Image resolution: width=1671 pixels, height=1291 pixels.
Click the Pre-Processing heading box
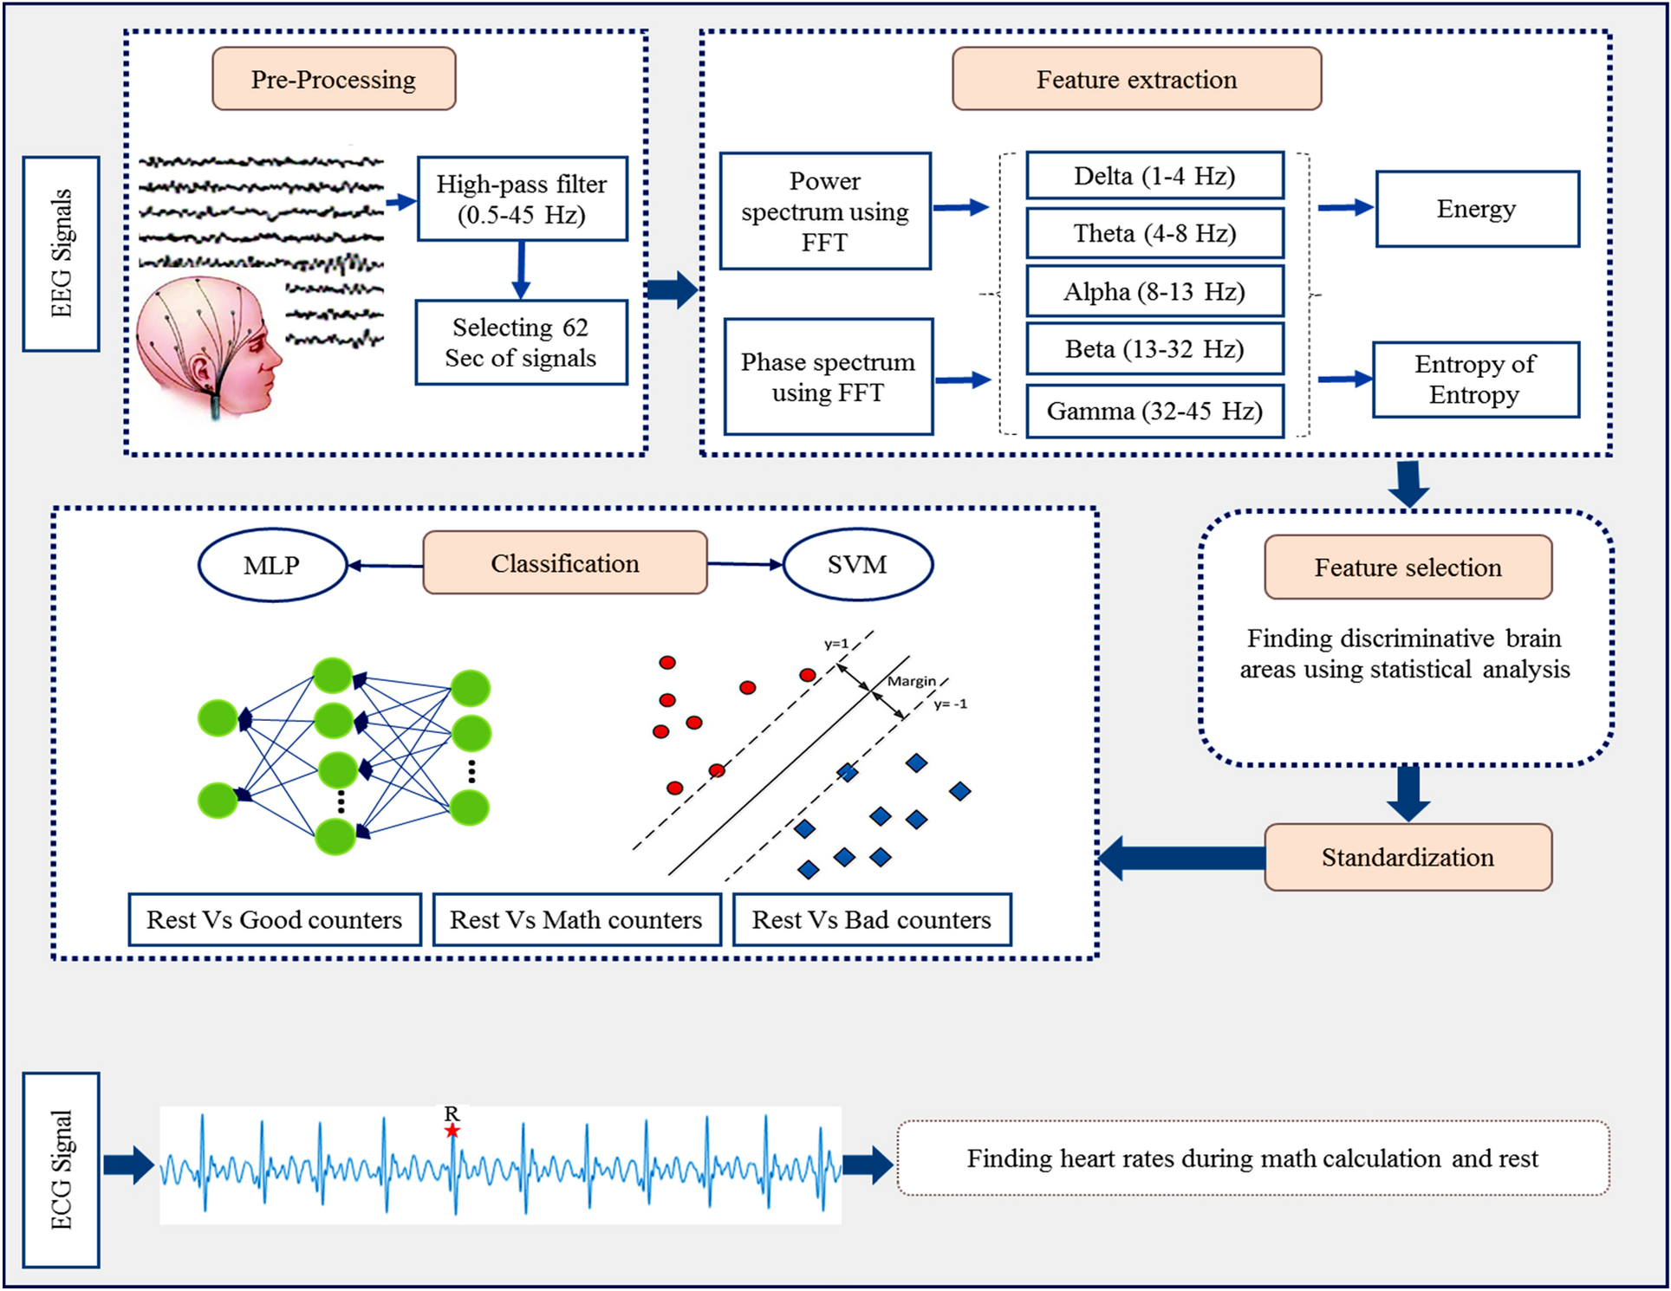point(334,79)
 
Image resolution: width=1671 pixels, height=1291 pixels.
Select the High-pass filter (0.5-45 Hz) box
point(522,199)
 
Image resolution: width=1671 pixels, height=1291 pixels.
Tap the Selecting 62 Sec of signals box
point(521,342)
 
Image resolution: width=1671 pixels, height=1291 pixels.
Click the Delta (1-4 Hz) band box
point(1154,176)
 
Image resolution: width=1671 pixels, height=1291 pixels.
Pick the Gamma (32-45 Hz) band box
point(1154,411)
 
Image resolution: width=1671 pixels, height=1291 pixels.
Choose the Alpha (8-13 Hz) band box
point(1154,291)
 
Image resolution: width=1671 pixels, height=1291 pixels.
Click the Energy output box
point(1477,209)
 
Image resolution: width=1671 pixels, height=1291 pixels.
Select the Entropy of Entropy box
point(1475,380)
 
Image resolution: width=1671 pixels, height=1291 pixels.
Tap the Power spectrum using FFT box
point(825,211)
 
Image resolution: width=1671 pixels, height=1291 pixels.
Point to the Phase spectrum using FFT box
point(828,377)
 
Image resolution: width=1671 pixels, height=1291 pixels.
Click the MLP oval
point(272,565)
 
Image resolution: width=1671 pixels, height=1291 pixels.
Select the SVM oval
point(857,565)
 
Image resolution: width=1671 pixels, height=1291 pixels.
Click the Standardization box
point(1408,857)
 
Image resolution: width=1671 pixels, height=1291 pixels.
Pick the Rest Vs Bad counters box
point(871,919)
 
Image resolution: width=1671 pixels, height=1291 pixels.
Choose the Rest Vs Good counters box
point(275,919)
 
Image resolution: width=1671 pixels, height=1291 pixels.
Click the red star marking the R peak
point(452,1131)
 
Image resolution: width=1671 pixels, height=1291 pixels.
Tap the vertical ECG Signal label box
point(61,1170)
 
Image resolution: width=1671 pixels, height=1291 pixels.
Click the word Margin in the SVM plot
point(911,681)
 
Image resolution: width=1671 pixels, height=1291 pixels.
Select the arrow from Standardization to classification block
point(1183,858)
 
